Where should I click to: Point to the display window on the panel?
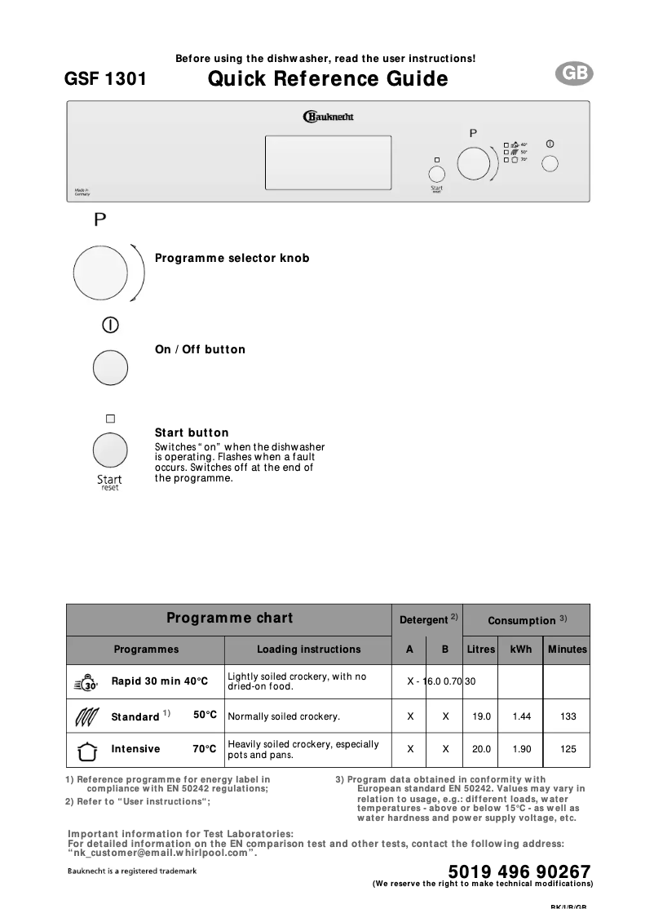click(x=328, y=163)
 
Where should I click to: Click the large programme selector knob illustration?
click(x=99, y=270)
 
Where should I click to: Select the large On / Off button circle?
click(x=111, y=368)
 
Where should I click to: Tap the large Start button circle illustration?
click(x=110, y=450)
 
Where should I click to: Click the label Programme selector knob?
click(x=232, y=258)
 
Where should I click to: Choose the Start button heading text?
click(x=192, y=432)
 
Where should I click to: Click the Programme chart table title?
click(x=229, y=618)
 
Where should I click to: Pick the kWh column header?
click(x=521, y=650)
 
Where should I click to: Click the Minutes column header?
click(x=568, y=650)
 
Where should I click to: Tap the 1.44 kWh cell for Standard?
click(x=521, y=716)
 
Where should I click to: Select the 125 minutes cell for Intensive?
click(x=568, y=749)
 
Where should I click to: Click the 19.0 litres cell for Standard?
click(x=481, y=716)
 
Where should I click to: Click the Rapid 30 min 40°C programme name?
click(x=160, y=681)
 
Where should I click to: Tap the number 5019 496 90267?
click(x=519, y=871)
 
